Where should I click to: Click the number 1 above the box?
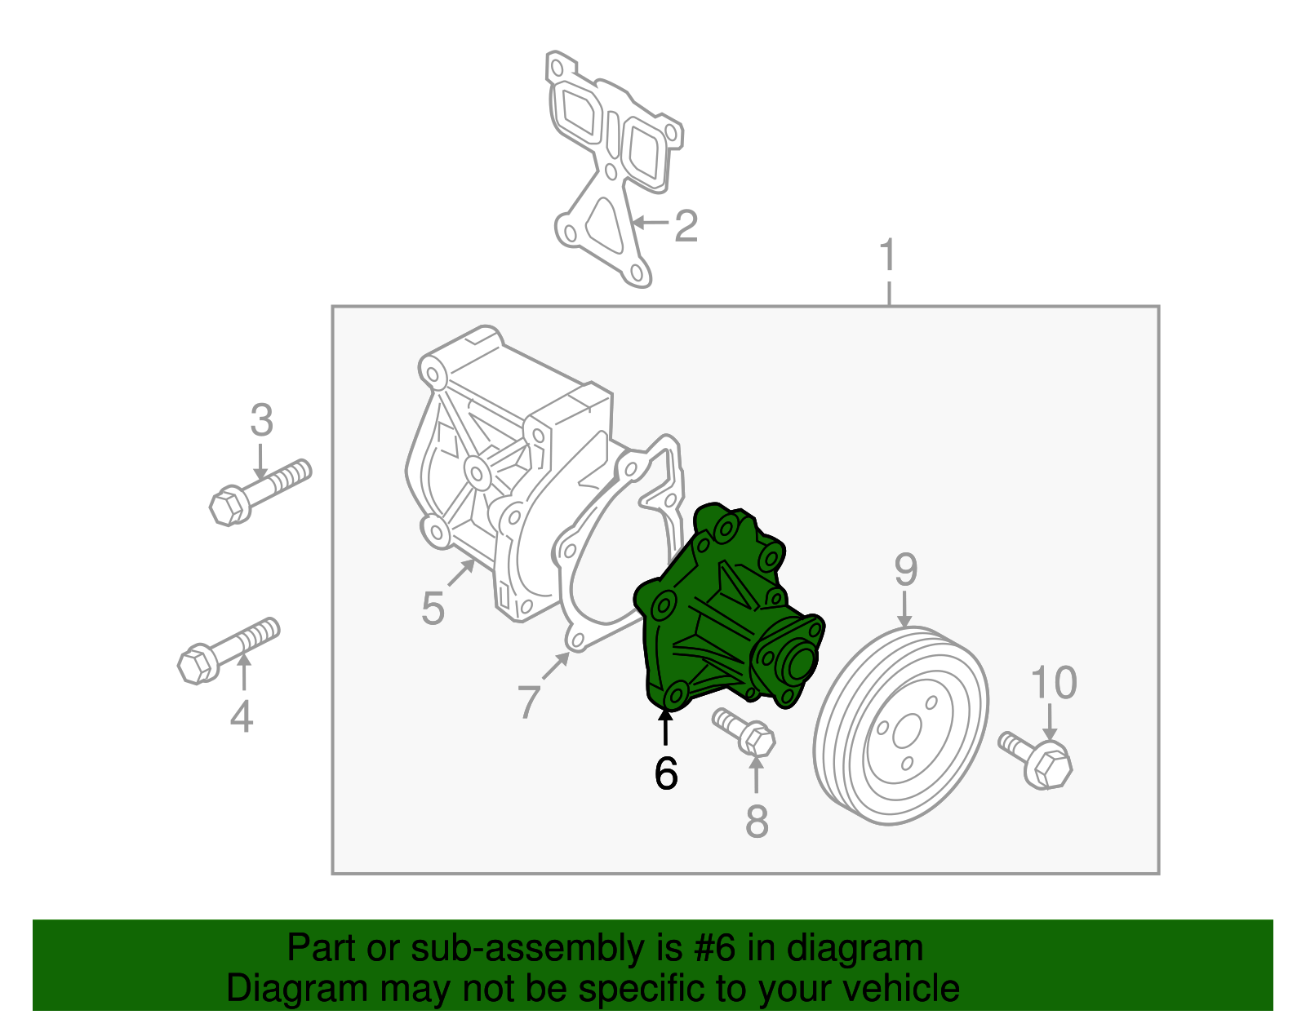coord(888,256)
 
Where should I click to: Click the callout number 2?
coord(686,226)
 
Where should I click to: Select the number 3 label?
coord(261,421)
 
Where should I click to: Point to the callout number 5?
coord(433,609)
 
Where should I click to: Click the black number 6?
coord(666,773)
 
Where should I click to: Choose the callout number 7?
coord(529,701)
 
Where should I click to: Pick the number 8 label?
coord(757,822)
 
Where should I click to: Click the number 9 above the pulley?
coord(906,569)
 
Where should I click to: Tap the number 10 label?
coord(1054,683)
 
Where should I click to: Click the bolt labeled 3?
coord(259,491)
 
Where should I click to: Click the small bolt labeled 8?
coord(744,731)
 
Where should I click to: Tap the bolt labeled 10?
coord(1037,758)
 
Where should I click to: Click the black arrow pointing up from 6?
coord(666,728)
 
